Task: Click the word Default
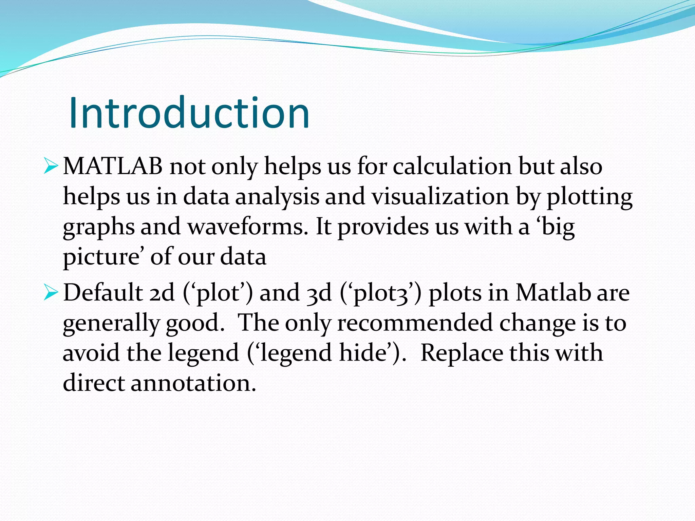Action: coord(103,292)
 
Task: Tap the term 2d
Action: coord(162,292)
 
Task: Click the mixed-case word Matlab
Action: coord(553,292)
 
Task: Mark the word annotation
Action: coord(193,383)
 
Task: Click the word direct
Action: coord(94,383)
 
